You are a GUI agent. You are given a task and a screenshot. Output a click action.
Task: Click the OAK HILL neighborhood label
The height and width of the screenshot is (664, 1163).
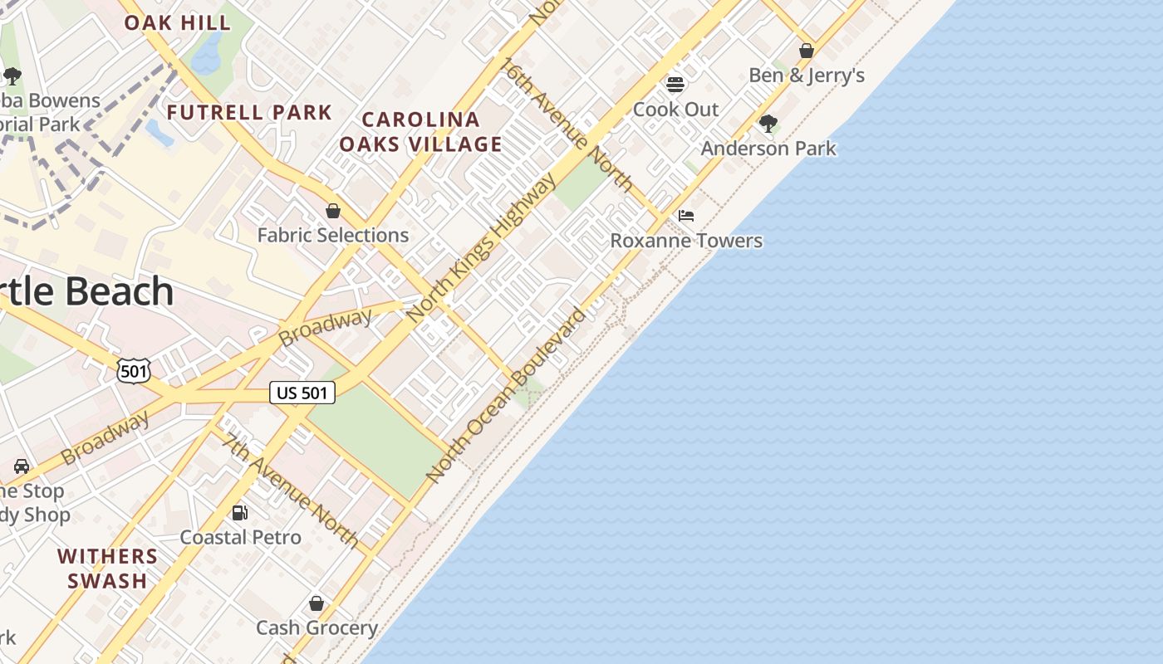177,22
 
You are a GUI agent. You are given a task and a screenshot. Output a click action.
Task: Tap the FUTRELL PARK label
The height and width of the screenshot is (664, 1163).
249,112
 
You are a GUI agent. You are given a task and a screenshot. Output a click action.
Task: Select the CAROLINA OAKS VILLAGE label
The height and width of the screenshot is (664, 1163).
420,132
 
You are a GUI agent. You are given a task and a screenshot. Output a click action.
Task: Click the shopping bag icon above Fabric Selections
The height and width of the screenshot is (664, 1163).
333,211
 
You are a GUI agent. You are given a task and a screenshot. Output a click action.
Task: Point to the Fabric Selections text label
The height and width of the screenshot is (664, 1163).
332,235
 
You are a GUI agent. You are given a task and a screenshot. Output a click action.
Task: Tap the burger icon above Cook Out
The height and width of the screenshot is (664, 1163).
675,85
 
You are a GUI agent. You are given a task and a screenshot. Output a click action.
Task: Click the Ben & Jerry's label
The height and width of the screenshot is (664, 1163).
807,76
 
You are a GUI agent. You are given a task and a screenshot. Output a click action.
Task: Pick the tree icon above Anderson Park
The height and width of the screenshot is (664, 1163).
768,124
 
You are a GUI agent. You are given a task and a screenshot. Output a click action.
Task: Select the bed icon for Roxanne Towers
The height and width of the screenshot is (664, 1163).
686,216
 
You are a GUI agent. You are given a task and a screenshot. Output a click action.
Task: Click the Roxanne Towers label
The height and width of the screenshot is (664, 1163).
686,241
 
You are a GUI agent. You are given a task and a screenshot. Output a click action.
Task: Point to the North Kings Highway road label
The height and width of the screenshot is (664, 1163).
482,248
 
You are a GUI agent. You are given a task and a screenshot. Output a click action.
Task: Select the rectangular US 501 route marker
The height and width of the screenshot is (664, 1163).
302,393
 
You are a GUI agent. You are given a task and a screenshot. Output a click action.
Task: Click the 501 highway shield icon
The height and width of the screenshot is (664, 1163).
133,371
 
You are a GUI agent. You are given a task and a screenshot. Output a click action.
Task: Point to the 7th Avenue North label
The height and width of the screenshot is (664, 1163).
292,491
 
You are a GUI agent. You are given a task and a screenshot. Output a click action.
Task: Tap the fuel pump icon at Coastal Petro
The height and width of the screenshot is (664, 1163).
240,513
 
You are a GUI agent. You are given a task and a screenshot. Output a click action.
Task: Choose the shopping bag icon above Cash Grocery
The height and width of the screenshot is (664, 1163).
317,603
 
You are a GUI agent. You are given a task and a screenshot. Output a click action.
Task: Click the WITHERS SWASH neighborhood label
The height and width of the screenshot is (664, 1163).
108,568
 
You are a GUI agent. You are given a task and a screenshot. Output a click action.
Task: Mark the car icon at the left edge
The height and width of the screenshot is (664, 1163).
22,466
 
